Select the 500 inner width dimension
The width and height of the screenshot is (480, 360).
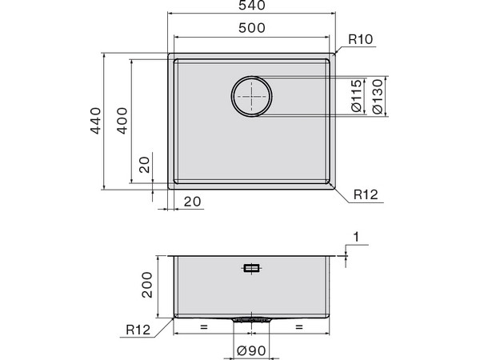pos(253,29)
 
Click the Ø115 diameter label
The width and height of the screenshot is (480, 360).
pos(357,97)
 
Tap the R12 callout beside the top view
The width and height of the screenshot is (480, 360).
pos(367,194)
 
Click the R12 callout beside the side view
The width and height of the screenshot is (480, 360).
pos(139,328)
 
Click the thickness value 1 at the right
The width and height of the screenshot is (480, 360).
pos(356,238)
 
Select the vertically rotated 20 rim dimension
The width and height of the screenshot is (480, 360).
pos(144,164)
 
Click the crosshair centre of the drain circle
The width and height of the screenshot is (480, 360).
pos(252,97)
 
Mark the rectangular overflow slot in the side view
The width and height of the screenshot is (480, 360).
pos(252,268)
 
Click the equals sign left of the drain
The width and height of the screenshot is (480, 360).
pos(203,327)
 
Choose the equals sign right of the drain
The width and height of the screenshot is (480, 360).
pos(300,327)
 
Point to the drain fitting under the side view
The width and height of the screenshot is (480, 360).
pos(252,318)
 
